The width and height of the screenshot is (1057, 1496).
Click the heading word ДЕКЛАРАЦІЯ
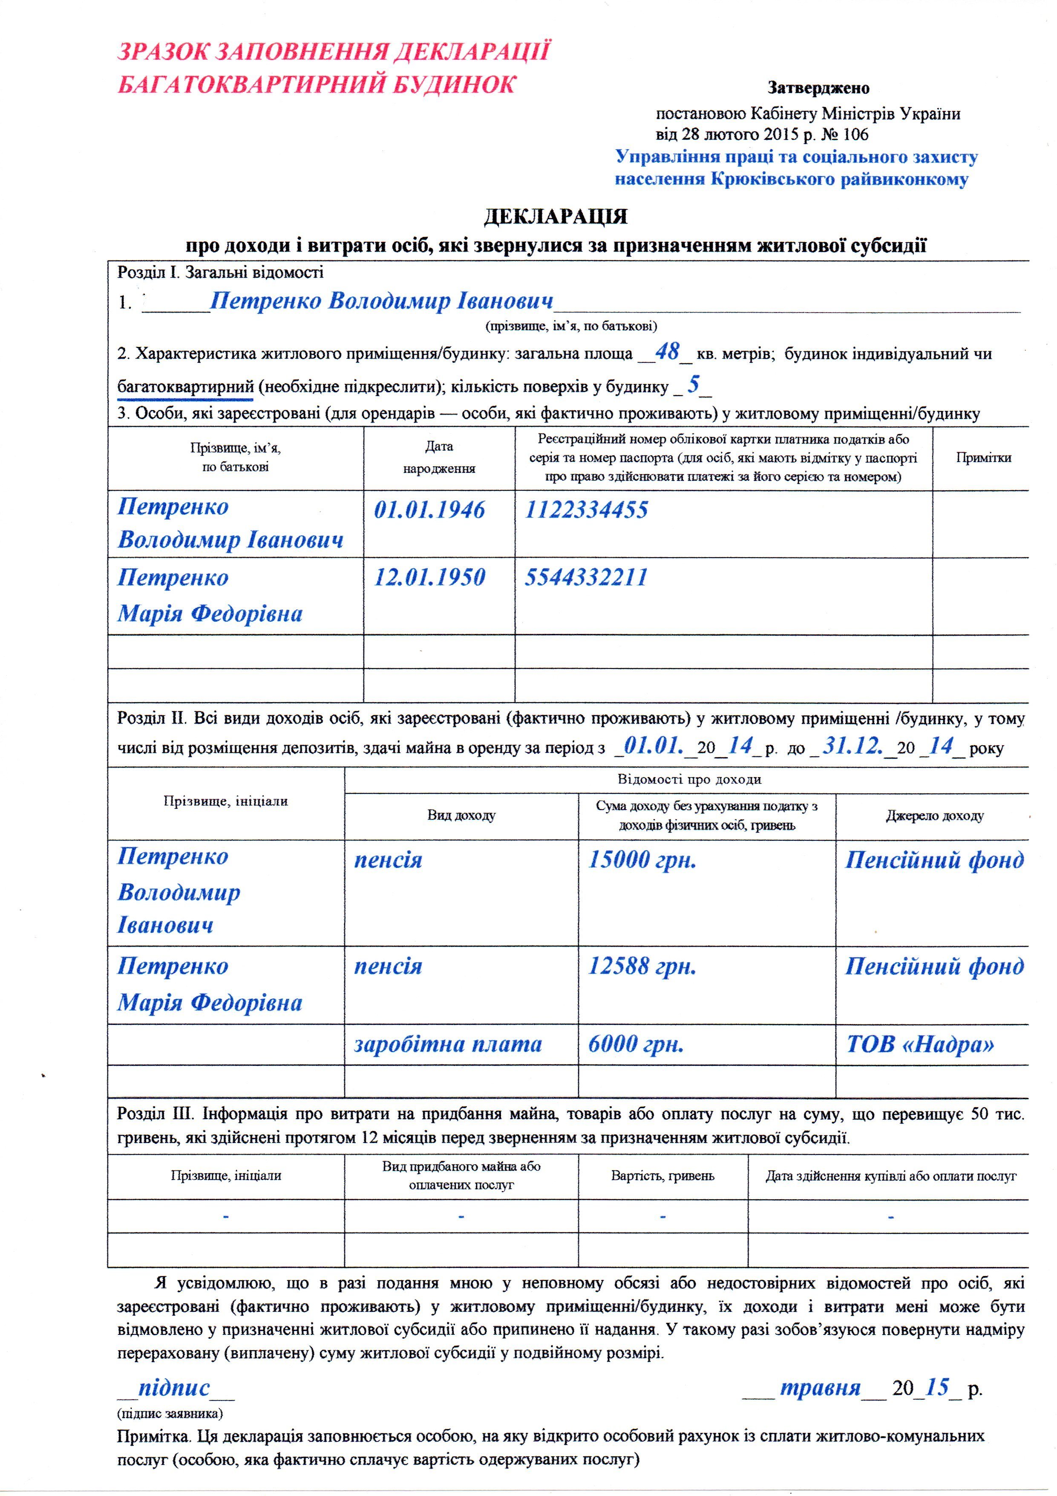click(x=556, y=216)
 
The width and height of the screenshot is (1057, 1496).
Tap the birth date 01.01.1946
click(x=429, y=509)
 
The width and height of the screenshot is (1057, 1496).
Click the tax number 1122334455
click(x=587, y=509)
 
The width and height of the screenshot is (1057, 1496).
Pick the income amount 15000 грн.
click(x=642, y=860)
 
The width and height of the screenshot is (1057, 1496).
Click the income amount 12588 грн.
click(x=642, y=966)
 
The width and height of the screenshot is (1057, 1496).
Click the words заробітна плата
click(x=448, y=1045)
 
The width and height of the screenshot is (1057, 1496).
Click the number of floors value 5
click(x=694, y=385)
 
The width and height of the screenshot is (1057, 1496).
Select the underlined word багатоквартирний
click(x=185, y=387)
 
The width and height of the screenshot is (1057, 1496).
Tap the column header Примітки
click(x=983, y=457)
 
